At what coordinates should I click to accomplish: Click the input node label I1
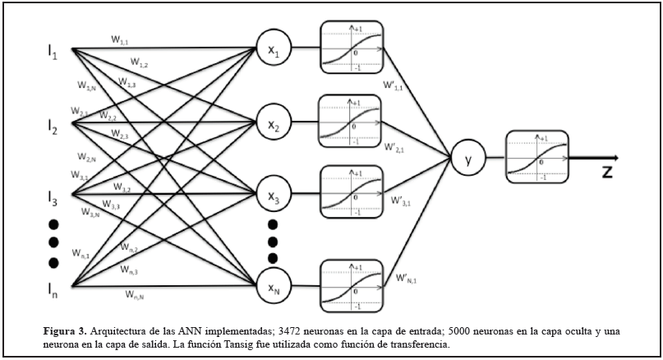click(53, 54)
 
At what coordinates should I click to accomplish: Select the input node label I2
click(53, 127)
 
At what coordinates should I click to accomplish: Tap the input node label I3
click(53, 198)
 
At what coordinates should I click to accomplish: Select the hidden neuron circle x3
click(274, 196)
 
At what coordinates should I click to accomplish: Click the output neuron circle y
click(468, 159)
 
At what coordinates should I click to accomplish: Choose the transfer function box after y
click(539, 156)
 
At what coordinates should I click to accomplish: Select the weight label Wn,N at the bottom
click(137, 294)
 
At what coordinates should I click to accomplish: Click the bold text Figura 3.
click(66, 332)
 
